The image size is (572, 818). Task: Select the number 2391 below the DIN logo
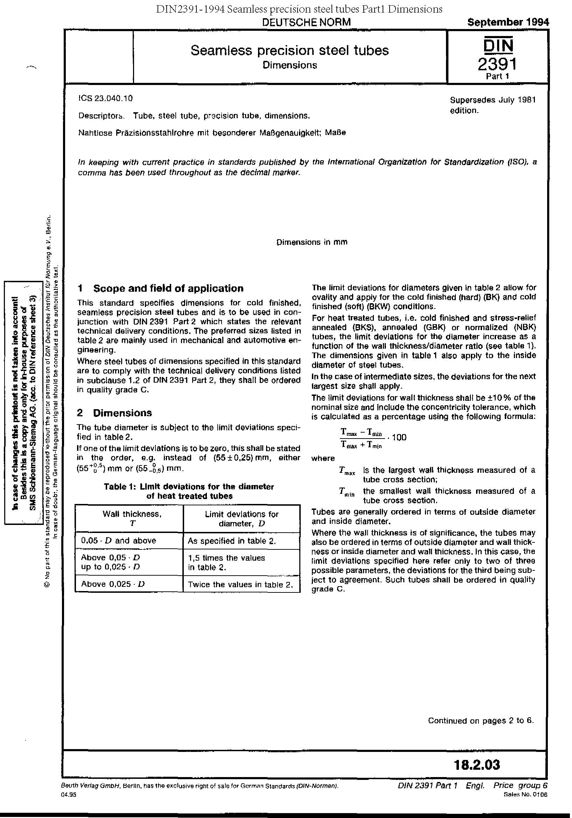(x=497, y=64)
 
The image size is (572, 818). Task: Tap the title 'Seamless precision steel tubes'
(x=290, y=50)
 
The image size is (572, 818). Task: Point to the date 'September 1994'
(x=508, y=22)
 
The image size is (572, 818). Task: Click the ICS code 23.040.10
(x=105, y=98)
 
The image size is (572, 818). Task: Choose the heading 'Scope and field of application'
(x=168, y=288)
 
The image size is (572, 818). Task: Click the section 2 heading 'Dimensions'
(x=122, y=413)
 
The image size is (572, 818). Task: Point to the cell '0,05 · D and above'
(x=118, y=541)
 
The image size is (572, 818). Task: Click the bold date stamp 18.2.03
(x=477, y=764)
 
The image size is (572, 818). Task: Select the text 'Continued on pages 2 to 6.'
(x=481, y=720)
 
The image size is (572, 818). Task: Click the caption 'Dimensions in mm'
(x=312, y=242)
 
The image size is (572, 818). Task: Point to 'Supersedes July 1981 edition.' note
(x=493, y=105)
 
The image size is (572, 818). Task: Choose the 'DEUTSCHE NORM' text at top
(x=306, y=22)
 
